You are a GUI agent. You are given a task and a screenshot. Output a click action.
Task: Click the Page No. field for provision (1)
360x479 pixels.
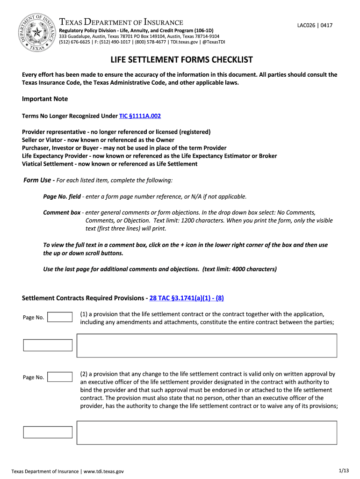click(x=60, y=317)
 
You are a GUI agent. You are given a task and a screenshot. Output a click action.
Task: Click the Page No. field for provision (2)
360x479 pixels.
click(x=60, y=377)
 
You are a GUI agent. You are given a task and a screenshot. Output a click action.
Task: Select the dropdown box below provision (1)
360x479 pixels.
click(x=48, y=345)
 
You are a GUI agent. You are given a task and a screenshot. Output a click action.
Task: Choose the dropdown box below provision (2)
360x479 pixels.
click(x=48, y=432)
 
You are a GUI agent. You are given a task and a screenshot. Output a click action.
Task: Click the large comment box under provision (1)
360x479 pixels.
click(x=207, y=345)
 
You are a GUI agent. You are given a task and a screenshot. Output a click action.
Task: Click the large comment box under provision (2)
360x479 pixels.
click(x=207, y=432)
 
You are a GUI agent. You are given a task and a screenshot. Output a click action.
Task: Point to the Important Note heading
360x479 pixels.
click(x=45, y=99)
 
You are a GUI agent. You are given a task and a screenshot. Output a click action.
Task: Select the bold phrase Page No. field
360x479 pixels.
click(x=62, y=196)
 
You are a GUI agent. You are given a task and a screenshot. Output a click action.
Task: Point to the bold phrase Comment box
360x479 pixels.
click(x=62, y=212)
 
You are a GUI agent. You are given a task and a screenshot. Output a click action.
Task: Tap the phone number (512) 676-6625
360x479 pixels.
click(x=74, y=42)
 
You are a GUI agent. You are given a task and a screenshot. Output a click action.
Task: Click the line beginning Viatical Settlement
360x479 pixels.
click(x=109, y=164)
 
